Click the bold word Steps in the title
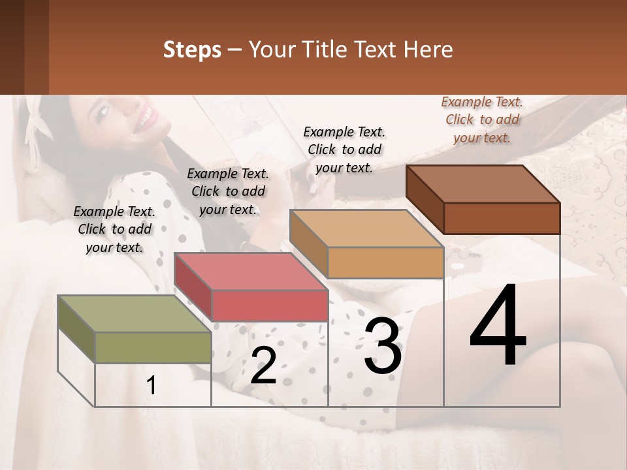click(192, 50)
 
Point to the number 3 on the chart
click(383, 346)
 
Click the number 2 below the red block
click(263, 366)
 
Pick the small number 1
click(152, 386)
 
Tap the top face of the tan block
click(366, 229)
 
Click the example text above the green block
click(114, 229)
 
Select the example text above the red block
click(228, 191)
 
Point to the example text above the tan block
click(344, 149)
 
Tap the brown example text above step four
click(482, 119)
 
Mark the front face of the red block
click(270, 305)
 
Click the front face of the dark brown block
click(502, 218)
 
